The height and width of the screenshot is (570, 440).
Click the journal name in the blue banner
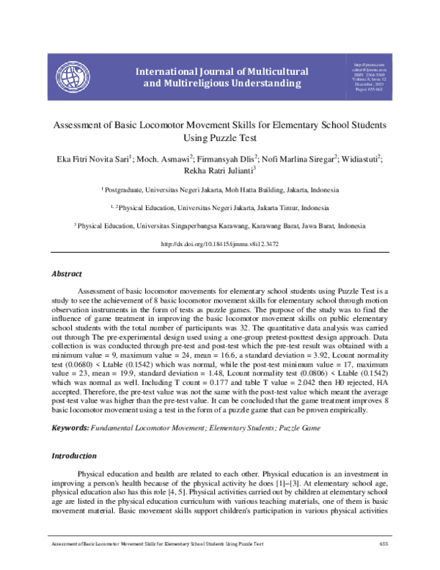(x=217, y=77)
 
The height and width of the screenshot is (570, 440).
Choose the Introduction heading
(x=73, y=455)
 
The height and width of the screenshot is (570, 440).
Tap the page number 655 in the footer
(x=383, y=563)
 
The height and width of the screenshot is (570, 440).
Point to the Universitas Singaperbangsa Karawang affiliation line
(x=220, y=226)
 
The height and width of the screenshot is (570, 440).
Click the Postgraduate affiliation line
(x=220, y=190)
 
